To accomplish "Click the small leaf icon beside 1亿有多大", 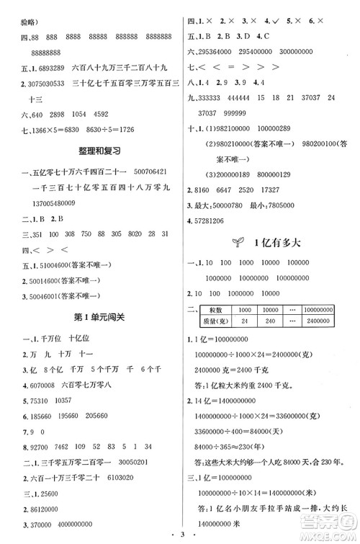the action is pyautogui.click(x=230, y=241).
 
